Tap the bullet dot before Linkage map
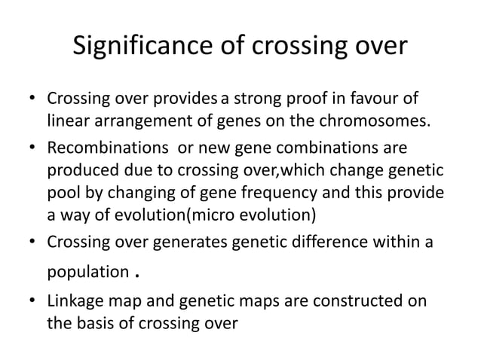(33, 301)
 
